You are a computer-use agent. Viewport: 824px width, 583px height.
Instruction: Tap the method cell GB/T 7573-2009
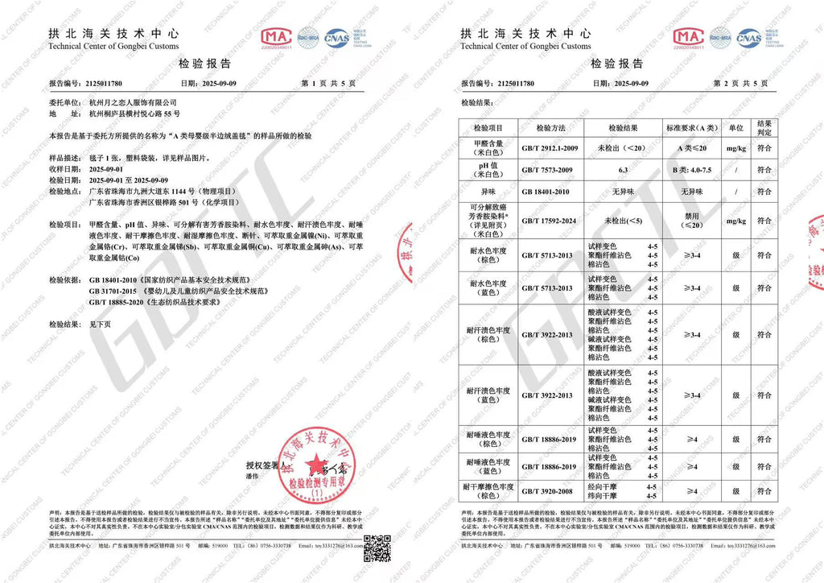[x=547, y=170]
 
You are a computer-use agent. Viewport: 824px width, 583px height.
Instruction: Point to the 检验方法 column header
[x=547, y=128]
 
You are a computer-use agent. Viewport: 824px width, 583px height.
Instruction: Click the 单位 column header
[x=735, y=128]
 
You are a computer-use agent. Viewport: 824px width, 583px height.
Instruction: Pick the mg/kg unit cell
[x=735, y=148]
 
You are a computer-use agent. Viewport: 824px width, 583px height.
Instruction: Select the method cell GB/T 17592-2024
[x=548, y=220]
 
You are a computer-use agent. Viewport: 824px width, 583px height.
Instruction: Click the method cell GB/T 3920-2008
[x=547, y=490]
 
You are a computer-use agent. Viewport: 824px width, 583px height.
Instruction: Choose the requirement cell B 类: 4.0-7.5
[x=691, y=170]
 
